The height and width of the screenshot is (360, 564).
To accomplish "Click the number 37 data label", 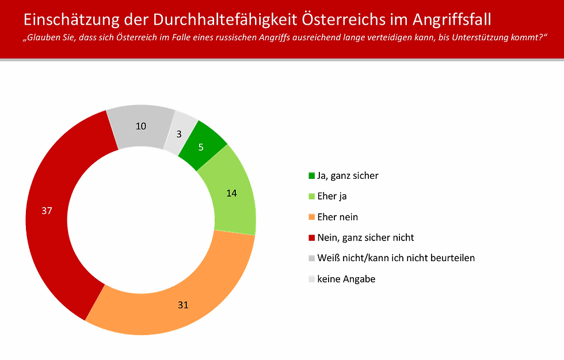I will [x=47, y=210].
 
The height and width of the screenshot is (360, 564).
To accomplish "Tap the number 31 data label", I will [x=183, y=305].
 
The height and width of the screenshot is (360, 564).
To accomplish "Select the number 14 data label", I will [x=231, y=193].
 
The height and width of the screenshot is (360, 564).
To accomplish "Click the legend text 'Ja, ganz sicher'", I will [x=348, y=175].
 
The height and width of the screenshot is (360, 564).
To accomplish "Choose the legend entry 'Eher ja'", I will [x=333, y=196].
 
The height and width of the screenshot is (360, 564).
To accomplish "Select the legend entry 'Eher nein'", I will [x=337, y=217].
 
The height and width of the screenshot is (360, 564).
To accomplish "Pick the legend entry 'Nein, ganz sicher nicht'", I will [x=366, y=237].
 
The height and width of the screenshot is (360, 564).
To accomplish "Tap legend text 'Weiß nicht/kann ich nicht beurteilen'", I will [x=397, y=258].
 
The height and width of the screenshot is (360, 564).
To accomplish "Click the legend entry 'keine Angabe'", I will [x=346, y=278].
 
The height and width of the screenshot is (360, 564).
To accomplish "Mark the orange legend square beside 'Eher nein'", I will [x=312, y=217].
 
